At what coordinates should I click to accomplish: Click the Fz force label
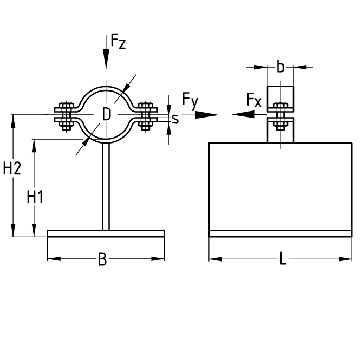[x=119, y=42]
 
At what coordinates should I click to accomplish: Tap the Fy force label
[x=190, y=100]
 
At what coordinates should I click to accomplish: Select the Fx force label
[x=254, y=100]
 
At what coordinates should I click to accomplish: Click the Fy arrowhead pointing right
[x=206, y=115]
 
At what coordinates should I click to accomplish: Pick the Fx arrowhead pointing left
[x=243, y=115]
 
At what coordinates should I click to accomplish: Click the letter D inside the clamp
[x=106, y=114]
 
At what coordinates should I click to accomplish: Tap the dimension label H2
[x=12, y=168]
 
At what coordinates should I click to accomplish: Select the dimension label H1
[x=35, y=197]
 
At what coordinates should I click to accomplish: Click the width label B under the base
[x=103, y=259]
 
